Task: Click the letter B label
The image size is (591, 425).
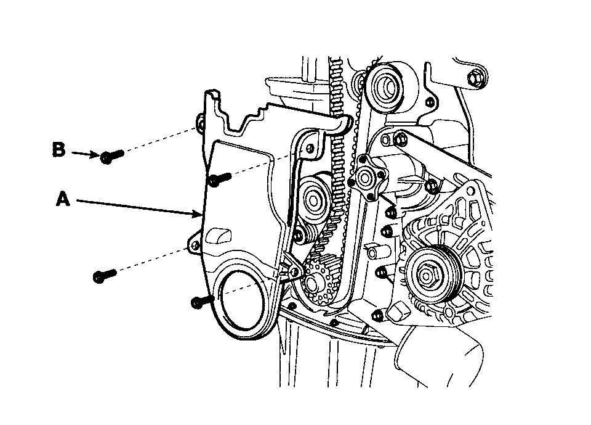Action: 59,150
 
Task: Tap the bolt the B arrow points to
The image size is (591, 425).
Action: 111,156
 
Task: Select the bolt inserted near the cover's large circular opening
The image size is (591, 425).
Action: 202,301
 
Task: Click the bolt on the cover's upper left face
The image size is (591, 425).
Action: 218,179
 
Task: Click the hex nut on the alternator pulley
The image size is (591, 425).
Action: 427,271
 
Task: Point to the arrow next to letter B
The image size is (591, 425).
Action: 85,154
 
